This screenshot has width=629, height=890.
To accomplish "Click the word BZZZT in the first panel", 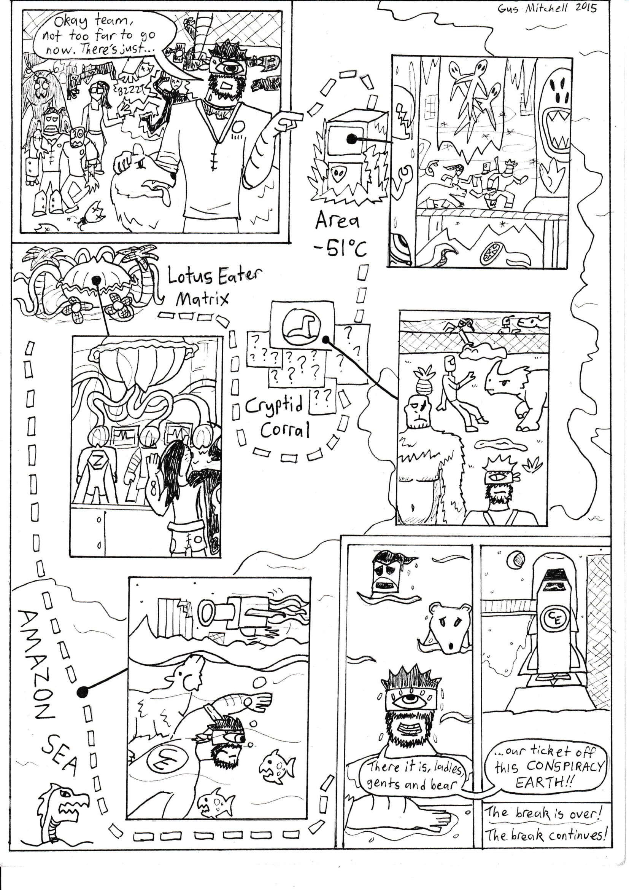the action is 128,91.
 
